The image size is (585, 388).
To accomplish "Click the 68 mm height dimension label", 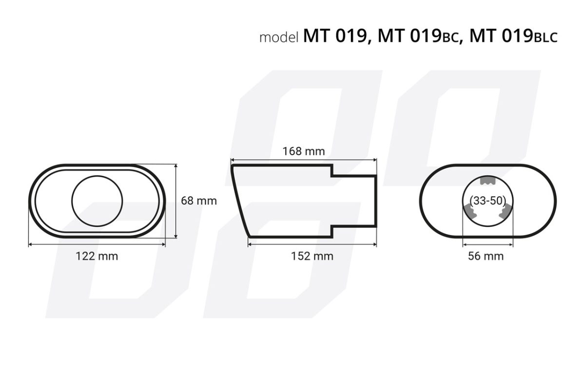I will click(x=198, y=201).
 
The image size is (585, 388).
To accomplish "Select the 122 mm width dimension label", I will click(x=97, y=256).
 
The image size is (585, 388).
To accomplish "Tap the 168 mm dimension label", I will click(x=304, y=151).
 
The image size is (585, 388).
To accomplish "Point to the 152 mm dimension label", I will click(x=312, y=256).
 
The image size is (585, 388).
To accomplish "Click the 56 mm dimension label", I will click(x=486, y=256).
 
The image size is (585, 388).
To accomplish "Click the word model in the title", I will click(x=278, y=37).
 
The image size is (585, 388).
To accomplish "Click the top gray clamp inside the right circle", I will click(x=487, y=181).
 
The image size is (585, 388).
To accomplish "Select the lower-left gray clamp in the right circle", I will click(x=469, y=211).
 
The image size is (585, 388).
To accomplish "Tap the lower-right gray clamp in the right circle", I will click(x=505, y=211).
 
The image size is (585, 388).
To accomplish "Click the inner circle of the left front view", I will click(x=97, y=201).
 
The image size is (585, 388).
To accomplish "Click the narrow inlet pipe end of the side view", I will click(x=375, y=200).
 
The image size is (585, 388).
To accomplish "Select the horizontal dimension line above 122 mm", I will click(x=97, y=245).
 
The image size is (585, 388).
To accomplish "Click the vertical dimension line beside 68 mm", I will click(x=175, y=201).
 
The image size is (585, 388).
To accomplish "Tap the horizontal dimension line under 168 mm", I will click(x=304, y=159).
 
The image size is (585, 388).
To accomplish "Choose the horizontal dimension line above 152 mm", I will click(x=312, y=245).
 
